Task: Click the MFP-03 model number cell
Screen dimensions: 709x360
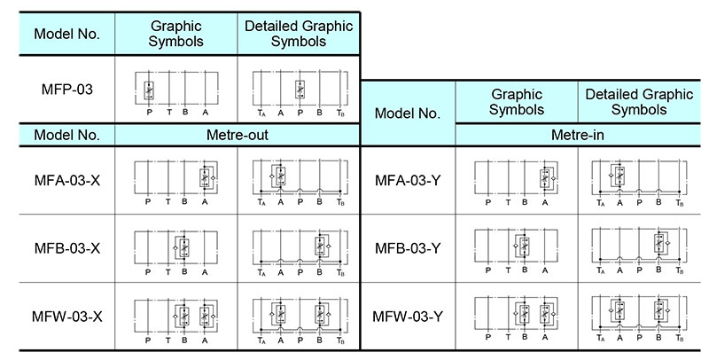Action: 67,89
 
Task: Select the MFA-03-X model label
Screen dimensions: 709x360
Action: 67,181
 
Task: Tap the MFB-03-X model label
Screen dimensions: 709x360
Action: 67,248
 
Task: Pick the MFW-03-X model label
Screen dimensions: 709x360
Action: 67,317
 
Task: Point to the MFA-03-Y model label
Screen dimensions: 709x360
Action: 408,181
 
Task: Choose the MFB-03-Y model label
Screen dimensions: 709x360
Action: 408,248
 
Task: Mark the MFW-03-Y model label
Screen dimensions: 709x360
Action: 408,317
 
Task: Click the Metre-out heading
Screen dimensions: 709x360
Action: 238,135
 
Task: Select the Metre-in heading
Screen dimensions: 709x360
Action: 578,135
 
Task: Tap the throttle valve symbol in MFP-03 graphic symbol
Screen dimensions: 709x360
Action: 149,90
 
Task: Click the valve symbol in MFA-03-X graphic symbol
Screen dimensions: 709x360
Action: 206,178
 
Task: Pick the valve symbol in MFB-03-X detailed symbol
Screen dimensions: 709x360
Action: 322,246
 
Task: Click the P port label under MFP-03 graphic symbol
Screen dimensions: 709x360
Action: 149,112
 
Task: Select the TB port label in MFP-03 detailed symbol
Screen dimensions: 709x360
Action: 340,113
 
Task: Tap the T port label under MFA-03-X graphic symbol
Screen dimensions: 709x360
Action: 168,201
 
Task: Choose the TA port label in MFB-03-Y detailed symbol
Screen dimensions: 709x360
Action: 601,270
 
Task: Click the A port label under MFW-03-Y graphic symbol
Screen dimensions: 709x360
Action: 544,337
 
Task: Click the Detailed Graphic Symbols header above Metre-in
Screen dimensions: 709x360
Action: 639,102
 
